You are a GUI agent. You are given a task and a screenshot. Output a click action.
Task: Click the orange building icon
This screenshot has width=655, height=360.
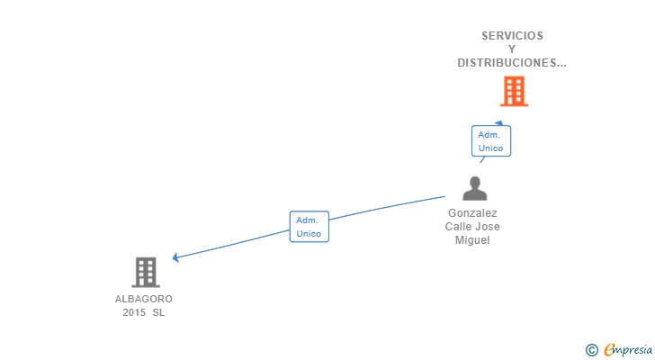pos(514,91)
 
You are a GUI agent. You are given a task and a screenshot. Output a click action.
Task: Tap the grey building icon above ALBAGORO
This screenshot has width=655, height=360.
pos(145,272)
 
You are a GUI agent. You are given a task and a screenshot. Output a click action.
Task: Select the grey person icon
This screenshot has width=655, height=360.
pos(474,189)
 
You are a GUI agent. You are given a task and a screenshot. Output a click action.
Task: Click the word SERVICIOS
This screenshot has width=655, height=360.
pos(512,36)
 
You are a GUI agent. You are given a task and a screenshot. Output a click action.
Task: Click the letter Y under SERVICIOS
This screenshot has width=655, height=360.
pos(512,49)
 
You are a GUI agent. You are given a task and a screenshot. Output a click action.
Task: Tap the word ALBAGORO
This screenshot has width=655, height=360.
pos(144,299)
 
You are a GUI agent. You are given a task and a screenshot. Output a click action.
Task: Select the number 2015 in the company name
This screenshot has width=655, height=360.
pos(134,312)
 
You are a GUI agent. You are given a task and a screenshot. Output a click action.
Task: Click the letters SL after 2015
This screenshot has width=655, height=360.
pos(158,312)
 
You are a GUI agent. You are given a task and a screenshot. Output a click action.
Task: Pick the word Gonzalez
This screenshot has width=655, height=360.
pos(473,213)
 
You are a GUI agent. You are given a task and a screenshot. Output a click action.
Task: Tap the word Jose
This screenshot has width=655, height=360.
pos(490,227)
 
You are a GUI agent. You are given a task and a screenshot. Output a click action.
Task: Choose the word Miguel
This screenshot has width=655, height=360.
pos(472,240)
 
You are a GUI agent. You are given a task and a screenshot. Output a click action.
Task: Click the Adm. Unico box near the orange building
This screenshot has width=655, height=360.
pos(490,141)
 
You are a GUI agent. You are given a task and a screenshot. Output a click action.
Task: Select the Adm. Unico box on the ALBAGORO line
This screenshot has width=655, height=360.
pos(309,227)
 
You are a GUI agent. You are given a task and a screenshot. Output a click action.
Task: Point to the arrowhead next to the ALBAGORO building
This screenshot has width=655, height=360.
pos(176,257)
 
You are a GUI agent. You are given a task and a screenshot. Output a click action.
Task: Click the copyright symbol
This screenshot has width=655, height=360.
pos(591,350)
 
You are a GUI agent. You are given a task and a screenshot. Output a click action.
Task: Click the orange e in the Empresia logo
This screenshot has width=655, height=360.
pos(609,350)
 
